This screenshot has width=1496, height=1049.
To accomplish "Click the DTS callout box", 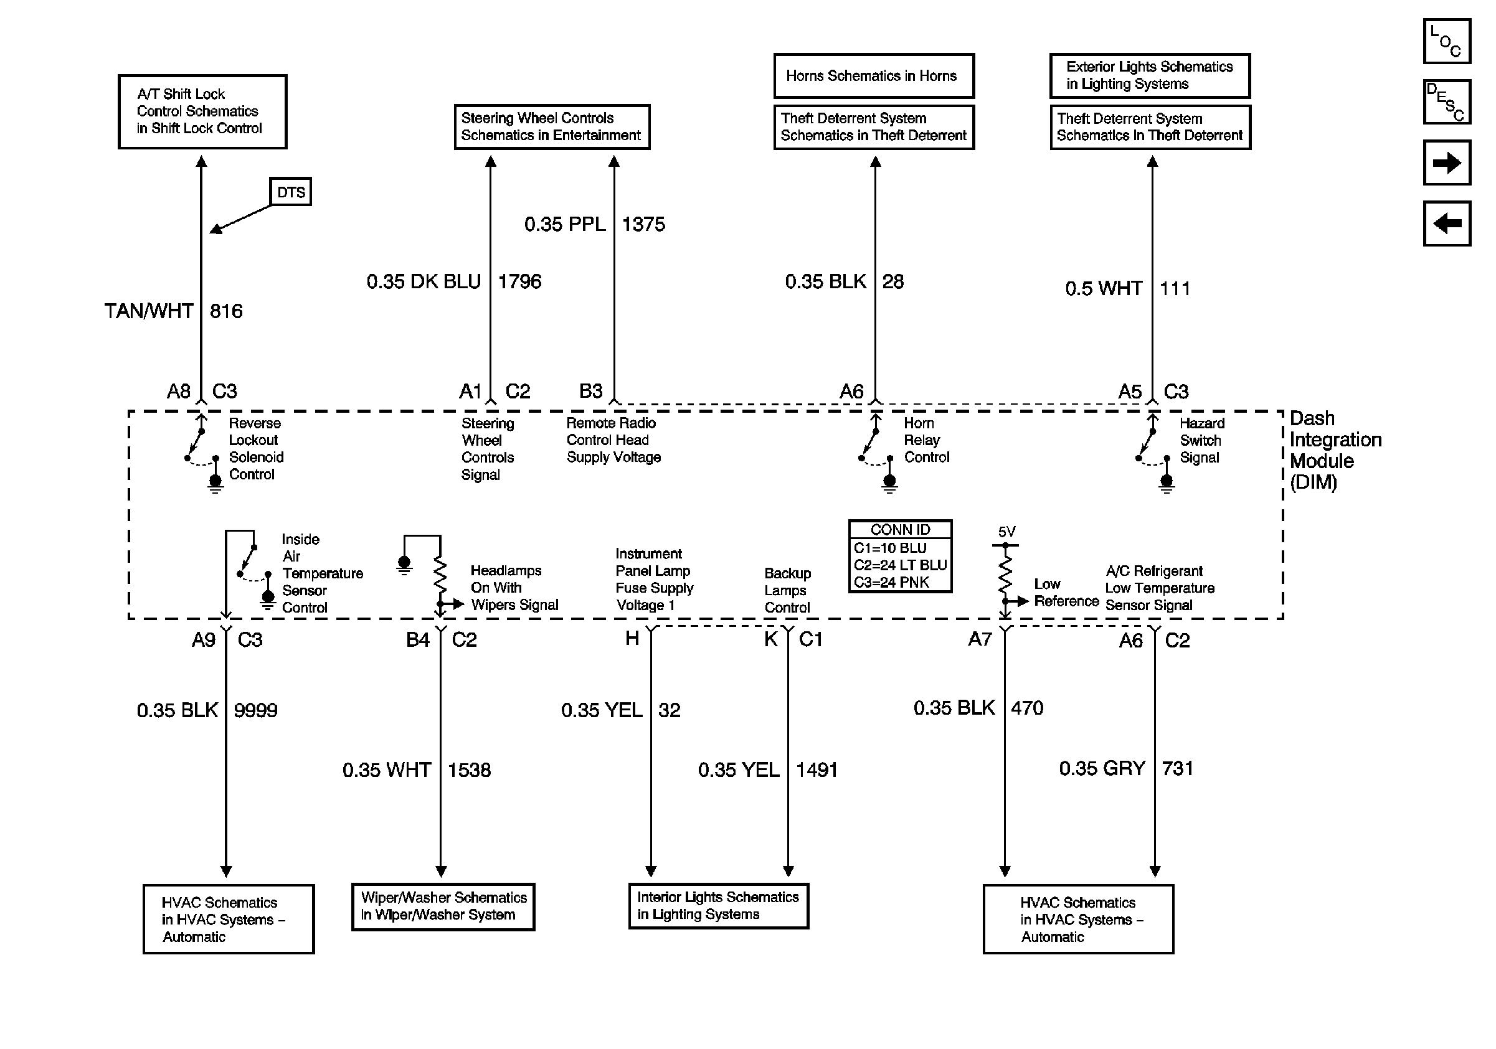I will click(291, 192).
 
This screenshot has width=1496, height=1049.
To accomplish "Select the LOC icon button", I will click(1446, 42).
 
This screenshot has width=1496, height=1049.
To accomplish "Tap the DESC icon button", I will click(1446, 102).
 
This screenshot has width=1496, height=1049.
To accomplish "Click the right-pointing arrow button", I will click(1446, 162).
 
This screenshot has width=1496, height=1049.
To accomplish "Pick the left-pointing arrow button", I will click(1446, 223).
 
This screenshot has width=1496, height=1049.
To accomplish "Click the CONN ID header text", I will click(900, 529).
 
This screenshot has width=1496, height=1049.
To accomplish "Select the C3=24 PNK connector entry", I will click(891, 582).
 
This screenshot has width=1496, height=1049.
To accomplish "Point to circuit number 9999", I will click(255, 710).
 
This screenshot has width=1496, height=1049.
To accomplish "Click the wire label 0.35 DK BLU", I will click(424, 281).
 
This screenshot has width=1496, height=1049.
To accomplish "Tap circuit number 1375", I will click(643, 225).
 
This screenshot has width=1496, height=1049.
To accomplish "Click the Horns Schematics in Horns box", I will click(874, 76).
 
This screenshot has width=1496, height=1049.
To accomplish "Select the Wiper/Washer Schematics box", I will click(443, 906).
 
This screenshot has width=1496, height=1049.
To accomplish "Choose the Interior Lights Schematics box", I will click(718, 906).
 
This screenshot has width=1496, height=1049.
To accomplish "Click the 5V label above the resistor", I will click(1006, 532).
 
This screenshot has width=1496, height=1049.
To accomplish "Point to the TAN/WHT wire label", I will click(149, 311).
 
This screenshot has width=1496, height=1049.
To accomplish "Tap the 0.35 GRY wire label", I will click(1102, 768).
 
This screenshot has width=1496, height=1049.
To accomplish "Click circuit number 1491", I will click(817, 770).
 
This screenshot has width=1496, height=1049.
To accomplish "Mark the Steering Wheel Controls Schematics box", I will click(552, 127).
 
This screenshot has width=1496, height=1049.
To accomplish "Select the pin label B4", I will click(418, 640).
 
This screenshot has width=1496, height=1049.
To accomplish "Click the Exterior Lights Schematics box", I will click(1150, 75).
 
